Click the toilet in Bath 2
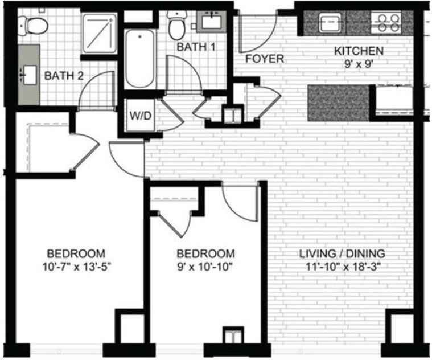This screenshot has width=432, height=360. click(33, 26)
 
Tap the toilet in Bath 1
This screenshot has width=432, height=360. click(177, 26)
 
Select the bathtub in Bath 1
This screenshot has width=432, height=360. click(140, 59)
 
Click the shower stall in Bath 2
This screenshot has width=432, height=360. click(99, 33)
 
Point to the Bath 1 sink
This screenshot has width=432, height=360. click(212, 22)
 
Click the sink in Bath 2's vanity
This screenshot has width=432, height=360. click(28, 75)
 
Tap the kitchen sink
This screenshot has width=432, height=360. click(330, 23)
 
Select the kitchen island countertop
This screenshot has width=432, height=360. click(338, 103)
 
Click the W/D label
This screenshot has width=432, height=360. click(141, 116)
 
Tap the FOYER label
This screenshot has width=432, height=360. click(265, 59)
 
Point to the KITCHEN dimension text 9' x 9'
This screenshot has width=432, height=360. click(359, 64)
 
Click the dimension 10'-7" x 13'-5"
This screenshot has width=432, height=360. click(77, 267)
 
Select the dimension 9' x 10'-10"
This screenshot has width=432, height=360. click(205, 267)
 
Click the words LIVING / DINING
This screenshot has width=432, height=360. click(342, 253)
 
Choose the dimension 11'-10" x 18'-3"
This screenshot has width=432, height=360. click(343, 267)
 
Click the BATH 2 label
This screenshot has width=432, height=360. click(64, 76)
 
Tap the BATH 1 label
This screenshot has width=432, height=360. click(196, 47)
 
